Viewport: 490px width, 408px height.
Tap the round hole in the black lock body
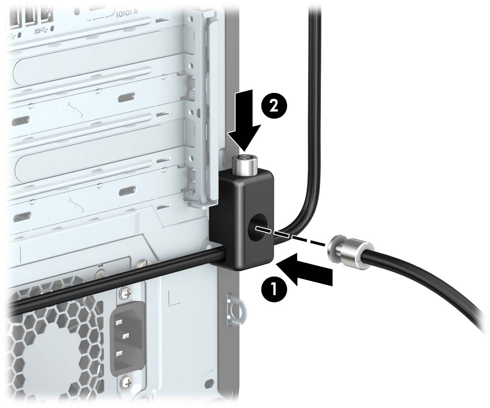tap(258, 225)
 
